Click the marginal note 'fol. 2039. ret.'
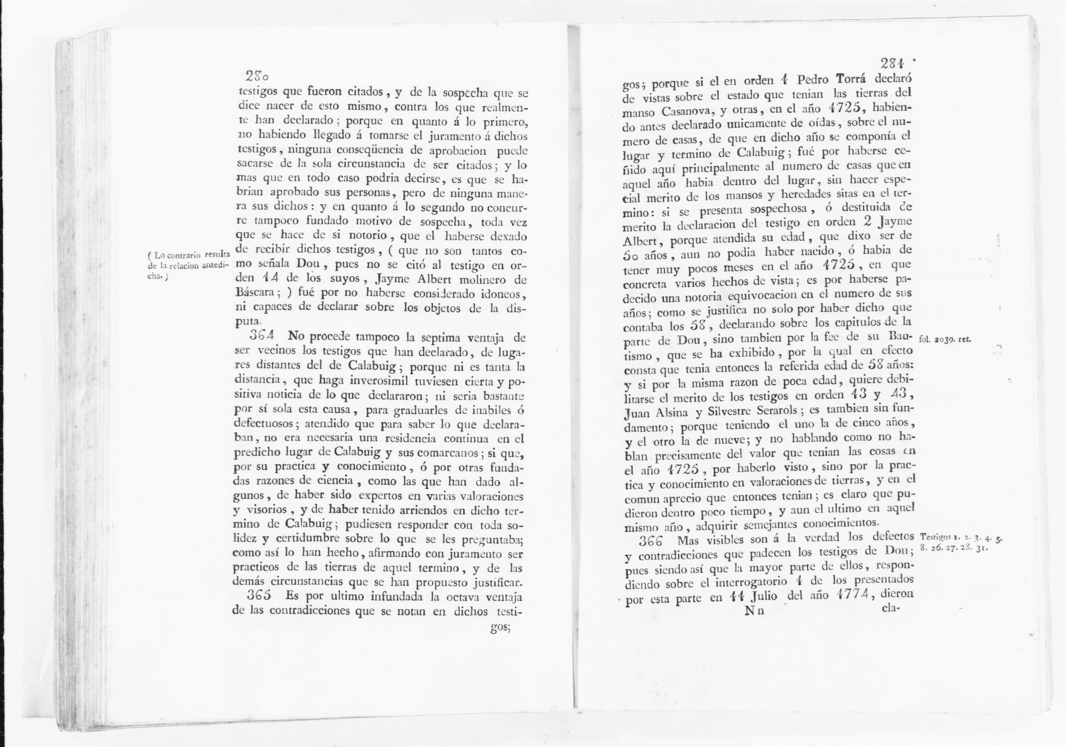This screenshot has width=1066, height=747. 938,339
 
